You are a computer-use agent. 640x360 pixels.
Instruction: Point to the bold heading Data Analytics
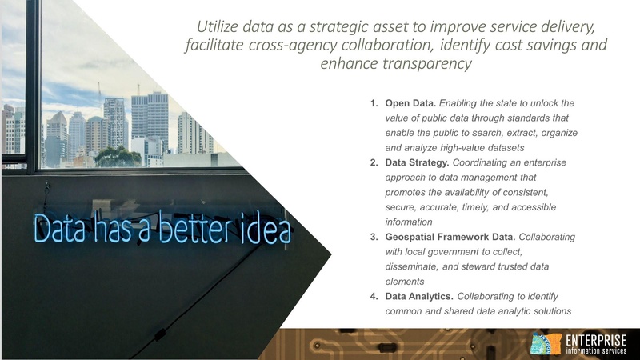[x=419, y=297]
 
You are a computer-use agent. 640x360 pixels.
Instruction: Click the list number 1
[x=374, y=104]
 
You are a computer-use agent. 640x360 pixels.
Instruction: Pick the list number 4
[x=374, y=297]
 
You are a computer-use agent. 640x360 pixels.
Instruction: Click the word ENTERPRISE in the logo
[x=596, y=340]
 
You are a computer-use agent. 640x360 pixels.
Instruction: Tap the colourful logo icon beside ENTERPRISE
[x=546, y=345]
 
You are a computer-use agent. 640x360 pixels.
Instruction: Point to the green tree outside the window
[x=118, y=156]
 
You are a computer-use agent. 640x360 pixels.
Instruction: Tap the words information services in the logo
[x=596, y=351]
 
